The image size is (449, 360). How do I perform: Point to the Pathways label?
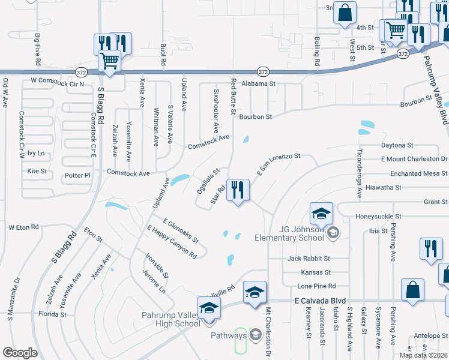pos(229,335)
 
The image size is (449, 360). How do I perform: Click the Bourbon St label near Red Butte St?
pos(256,116)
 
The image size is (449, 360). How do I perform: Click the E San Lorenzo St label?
pos(278,163)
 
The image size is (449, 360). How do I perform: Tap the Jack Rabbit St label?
pos(309,259)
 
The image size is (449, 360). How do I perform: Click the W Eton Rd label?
pos(23,227)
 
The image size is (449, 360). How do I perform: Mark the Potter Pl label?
pos(77,175)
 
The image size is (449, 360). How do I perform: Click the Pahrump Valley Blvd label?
pos(436,90)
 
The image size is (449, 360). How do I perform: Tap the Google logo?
pos(20,353)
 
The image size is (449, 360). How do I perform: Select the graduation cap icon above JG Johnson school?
pos(321,214)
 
